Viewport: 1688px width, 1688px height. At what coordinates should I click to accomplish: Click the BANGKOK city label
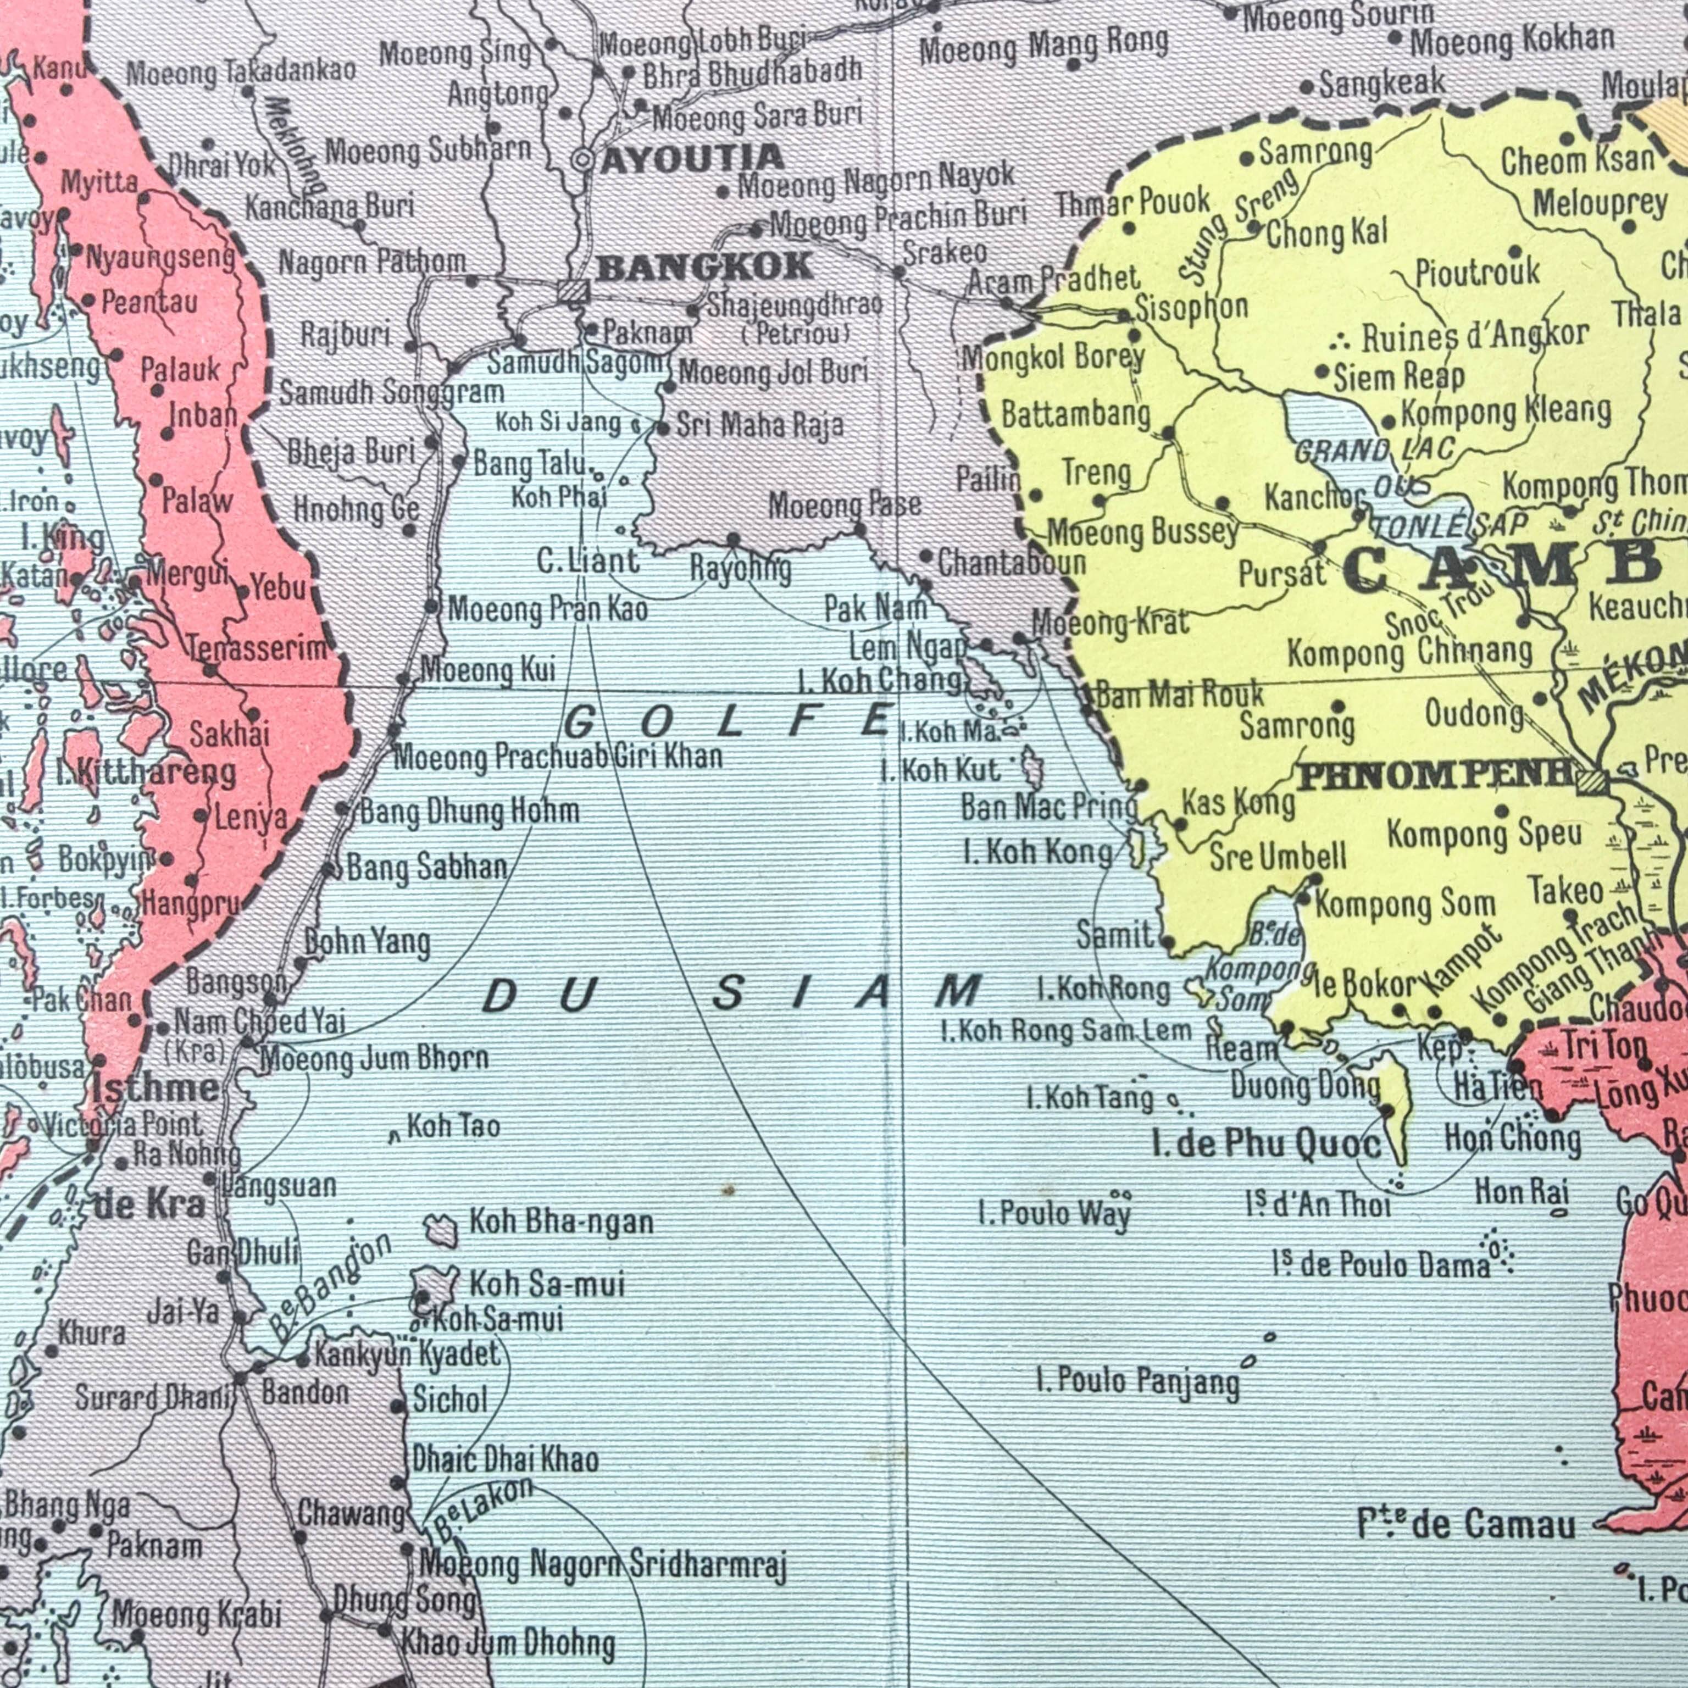click(705, 266)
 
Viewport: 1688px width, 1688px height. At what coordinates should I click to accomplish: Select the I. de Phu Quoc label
click(1267, 1143)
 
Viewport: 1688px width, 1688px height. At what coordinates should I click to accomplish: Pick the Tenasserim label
click(258, 648)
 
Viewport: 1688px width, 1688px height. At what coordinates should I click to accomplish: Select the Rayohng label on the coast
click(740, 570)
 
